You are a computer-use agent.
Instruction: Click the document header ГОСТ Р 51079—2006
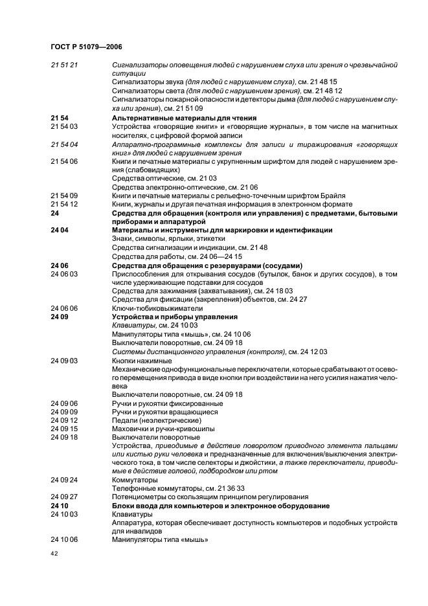(x=85, y=47)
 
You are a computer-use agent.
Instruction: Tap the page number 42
(x=54, y=554)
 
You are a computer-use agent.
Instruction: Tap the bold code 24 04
(x=59, y=230)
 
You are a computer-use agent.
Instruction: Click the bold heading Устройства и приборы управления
(x=175, y=317)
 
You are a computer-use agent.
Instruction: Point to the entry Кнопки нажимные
(x=142, y=360)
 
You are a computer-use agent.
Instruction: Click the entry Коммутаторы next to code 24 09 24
(x=135, y=480)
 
